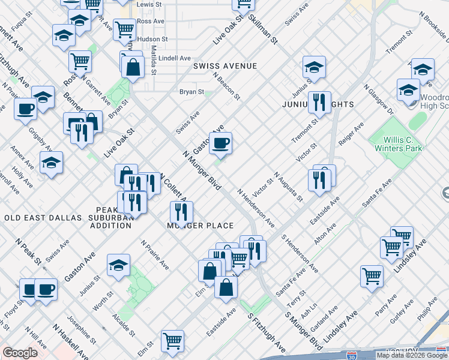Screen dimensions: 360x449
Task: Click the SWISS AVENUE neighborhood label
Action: click(224, 66)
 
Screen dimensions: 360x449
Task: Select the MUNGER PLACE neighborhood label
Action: click(200, 226)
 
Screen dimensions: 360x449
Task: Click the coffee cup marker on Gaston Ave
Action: click(220, 142)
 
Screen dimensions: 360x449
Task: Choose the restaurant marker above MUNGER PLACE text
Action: click(181, 211)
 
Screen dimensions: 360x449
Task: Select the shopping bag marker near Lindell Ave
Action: click(133, 67)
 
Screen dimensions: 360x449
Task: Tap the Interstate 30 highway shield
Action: click(351, 355)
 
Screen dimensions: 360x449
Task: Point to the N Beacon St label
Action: click(226, 86)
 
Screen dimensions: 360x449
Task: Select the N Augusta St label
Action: click(288, 185)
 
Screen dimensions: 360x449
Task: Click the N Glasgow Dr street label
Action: click(377, 100)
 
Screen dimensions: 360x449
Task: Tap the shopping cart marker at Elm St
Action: click(173, 341)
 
